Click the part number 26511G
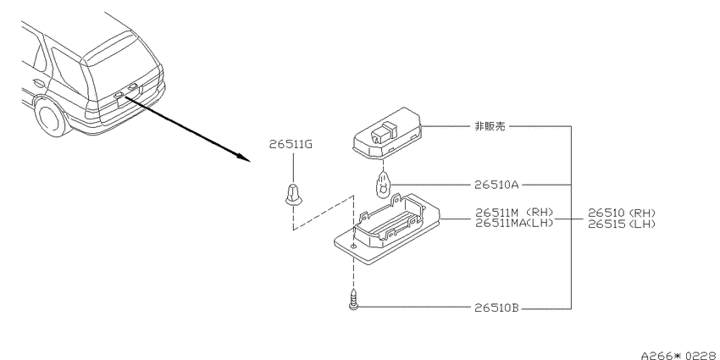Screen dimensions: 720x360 [x=291, y=145]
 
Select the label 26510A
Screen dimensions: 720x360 [x=496, y=185]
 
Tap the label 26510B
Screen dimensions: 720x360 [x=496, y=308]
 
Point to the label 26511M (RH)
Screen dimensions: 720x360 [x=514, y=213]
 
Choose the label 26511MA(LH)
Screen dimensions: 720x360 [x=514, y=223]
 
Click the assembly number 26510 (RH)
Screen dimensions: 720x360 [x=622, y=213]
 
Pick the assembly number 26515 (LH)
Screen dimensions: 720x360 [x=622, y=224]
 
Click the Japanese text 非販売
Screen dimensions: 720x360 [x=490, y=126]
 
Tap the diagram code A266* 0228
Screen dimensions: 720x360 [x=680, y=355]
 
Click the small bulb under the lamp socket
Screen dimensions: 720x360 [x=384, y=185]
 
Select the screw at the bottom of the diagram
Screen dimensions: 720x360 [x=353, y=299]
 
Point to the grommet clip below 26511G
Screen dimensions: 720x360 [x=293, y=195]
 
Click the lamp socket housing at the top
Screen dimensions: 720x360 [x=387, y=133]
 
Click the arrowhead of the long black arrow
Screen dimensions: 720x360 [x=243, y=158]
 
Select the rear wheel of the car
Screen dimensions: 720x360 [x=52, y=117]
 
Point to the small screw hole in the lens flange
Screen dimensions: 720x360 [x=353, y=246]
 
